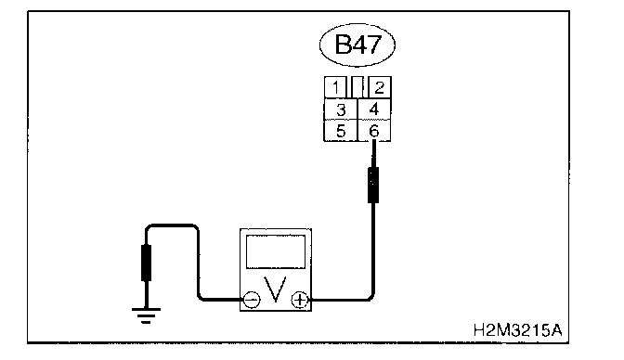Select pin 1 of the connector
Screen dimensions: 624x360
click(x=335, y=87)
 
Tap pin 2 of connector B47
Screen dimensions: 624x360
click(x=380, y=87)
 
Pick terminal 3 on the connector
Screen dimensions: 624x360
click(x=341, y=109)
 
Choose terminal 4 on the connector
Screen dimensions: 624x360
click(x=374, y=109)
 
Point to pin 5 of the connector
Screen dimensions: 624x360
click(x=341, y=131)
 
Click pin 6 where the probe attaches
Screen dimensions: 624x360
click(x=374, y=131)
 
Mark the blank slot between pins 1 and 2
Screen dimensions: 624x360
click(x=357, y=87)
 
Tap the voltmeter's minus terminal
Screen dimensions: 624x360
click(x=252, y=300)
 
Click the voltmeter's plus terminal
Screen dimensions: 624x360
click(x=300, y=300)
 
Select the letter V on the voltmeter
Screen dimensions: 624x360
click(x=276, y=289)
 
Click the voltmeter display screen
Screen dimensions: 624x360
click(x=276, y=251)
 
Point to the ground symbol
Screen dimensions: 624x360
click(x=146, y=315)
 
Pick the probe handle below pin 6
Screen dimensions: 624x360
click(x=373, y=185)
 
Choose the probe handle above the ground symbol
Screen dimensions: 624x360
click(x=146, y=263)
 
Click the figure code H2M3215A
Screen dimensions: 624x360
click(x=518, y=330)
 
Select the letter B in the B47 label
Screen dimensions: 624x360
click(x=343, y=45)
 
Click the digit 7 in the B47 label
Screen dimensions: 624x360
click(x=374, y=45)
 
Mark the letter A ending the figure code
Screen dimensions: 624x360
click(x=556, y=330)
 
